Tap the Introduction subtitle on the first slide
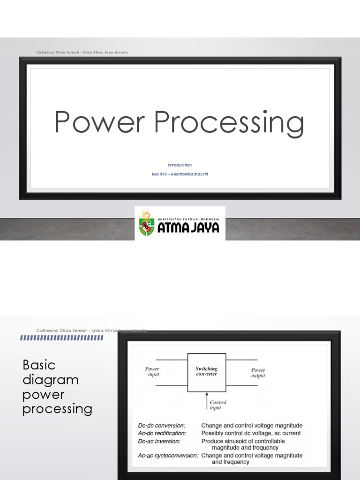pos(180,165)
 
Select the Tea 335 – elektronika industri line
pos(180,174)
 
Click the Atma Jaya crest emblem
pos(146,224)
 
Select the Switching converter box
pos(207,372)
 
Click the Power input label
pos(152,372)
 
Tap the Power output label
pos(258,373)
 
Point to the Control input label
pos(218,405)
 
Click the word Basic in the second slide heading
pos(39,365)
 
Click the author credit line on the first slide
pos(82,52)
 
